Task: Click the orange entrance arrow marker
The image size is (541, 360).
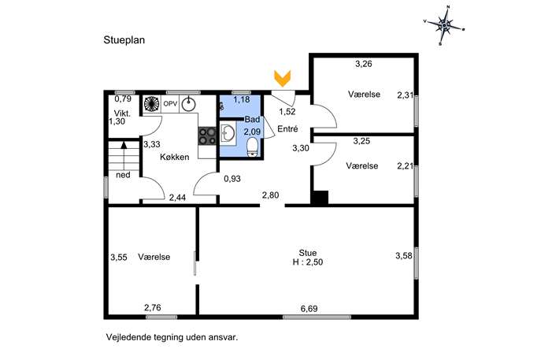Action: pos(282,78)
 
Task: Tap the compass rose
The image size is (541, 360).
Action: pos(444,25)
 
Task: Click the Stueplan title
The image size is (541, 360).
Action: pos(124,40)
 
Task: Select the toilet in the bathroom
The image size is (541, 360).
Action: pos(253,147)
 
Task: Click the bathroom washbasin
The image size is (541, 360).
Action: pos(228,133)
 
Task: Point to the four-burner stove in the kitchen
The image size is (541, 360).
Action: pos(207,135)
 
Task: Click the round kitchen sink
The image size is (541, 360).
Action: pos(188,104)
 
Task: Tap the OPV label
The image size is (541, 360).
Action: pos(170,103)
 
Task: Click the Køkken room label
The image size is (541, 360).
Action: pos(175,157)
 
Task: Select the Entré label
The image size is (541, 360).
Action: pos(287,128)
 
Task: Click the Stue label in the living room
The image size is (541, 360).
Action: pos(308,253)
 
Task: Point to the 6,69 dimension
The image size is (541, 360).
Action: pos(309,309)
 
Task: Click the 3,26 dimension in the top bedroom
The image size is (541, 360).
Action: pos(364,64)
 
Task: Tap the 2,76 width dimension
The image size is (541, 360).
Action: pos(153,307)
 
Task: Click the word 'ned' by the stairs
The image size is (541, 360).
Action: pos(123,175)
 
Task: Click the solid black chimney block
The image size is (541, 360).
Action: pos(320,198)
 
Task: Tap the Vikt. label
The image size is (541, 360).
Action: pos(123,113)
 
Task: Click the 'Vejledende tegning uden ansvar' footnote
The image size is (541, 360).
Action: pos(172,337)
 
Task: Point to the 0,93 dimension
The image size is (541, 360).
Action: pos(232,179)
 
